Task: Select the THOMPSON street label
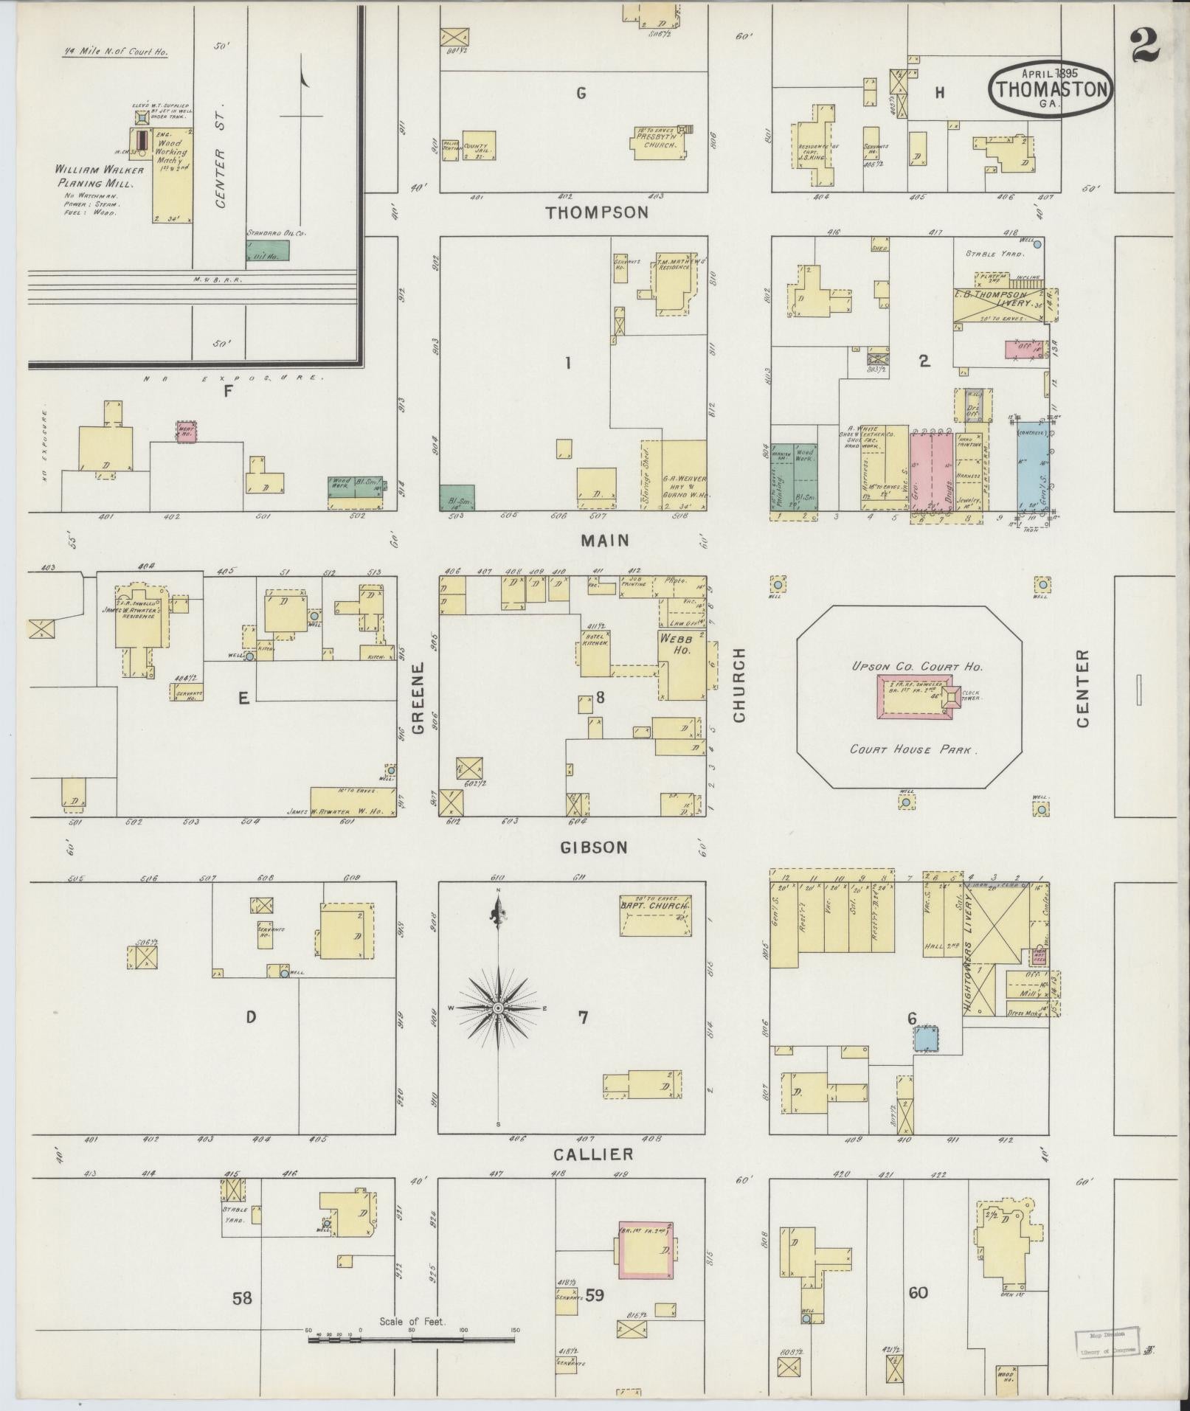click(597, 212)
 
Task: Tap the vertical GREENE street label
click(418, 698)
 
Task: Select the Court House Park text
click(913, 749)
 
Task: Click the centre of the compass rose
click(498, 1008)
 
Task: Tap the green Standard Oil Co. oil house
click(268, 249)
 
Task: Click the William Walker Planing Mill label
click(100, 175)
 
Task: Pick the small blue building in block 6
click(927, 1039)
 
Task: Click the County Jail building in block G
click(479, 145)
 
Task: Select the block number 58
click(242, 1297)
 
